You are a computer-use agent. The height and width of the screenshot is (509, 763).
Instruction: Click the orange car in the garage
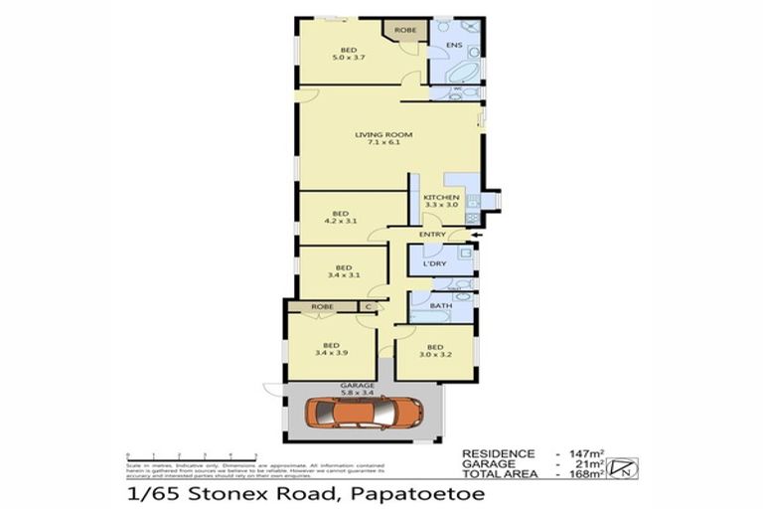click(365, 412)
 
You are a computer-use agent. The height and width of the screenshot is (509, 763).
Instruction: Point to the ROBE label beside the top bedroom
click(405, 31)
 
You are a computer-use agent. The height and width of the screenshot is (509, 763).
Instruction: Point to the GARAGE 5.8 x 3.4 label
click(358, 388)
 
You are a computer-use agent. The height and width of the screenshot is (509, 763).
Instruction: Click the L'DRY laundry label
click(433, 263)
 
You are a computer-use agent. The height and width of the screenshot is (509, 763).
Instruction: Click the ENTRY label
click(432, 235)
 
